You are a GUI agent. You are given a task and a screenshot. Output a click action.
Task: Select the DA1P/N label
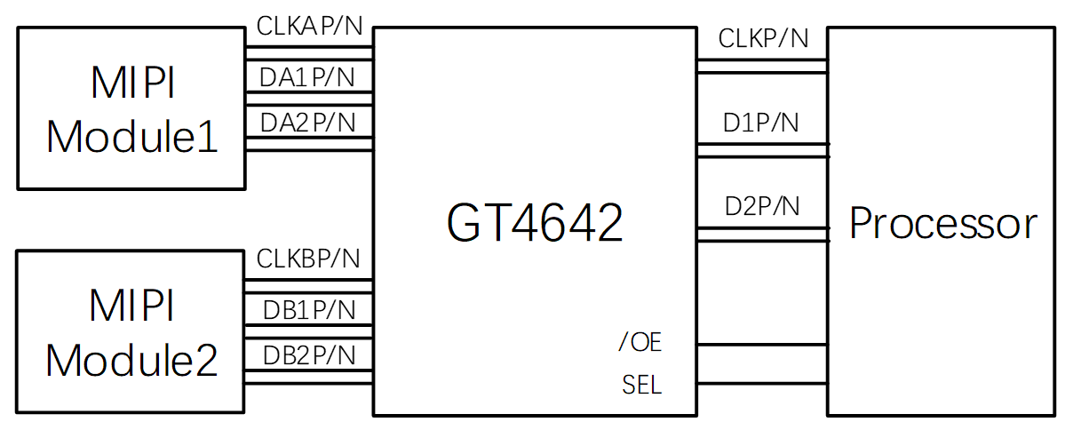(x=307, y=78)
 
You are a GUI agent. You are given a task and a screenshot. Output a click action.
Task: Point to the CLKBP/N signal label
(x=308, y=259)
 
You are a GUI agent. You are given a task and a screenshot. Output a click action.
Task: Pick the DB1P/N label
(x=309, y=309)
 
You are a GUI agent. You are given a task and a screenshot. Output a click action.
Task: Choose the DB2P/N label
(x=309, y=354)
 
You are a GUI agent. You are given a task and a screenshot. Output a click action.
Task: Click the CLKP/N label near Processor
(x=763, y=38)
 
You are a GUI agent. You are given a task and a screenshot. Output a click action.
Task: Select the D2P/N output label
(x=762, y=206)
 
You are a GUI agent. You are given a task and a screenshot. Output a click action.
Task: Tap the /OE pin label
(x=640, y=342)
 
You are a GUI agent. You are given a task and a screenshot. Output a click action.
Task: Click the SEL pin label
(x=641, y=386)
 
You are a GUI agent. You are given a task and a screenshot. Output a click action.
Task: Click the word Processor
(x=942, y=224)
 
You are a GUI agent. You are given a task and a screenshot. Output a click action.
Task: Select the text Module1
(x=132, y=138)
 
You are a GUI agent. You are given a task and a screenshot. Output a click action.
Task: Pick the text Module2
(x=132, y=360)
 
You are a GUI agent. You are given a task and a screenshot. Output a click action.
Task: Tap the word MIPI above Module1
(x=132, y=84)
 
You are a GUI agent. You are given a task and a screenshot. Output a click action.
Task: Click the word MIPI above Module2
(x=132, y=307)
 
